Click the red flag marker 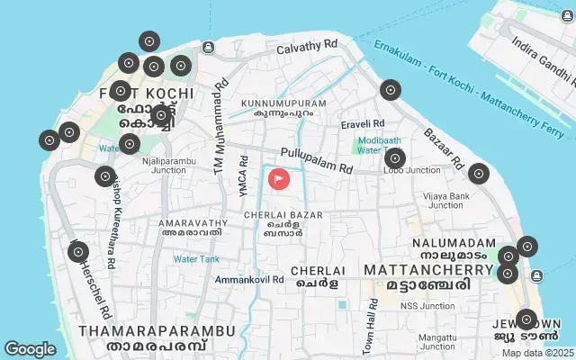[279, 178]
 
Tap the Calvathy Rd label [306, 45]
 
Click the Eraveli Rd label [362, 123]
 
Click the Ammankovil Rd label [249, 280]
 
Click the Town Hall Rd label [373, 316]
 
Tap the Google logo [30, 348]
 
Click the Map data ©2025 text [536, 353]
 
